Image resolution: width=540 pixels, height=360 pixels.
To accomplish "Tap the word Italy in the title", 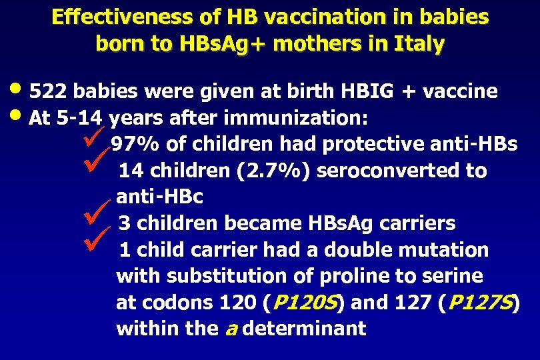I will [x=418, y=44].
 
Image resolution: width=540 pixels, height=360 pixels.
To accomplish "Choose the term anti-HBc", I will [x=159, y=197].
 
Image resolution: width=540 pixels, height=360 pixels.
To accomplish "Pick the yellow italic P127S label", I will [x=480, y=303].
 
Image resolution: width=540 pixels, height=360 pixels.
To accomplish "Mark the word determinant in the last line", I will [x=304, y=329].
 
